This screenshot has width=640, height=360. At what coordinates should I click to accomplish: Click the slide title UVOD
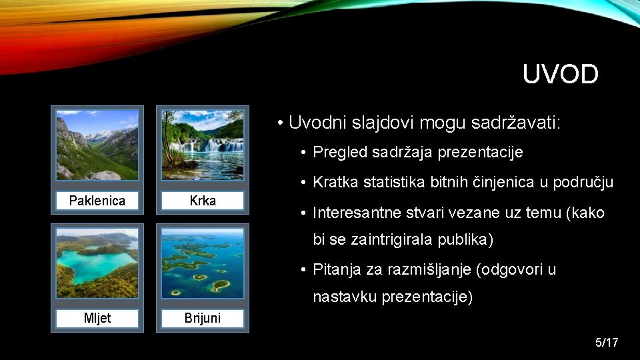[x=560, y=75]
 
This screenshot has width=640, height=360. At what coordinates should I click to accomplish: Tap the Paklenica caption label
[x=97, y=201]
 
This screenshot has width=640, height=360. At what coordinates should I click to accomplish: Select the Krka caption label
[x=203, y=201]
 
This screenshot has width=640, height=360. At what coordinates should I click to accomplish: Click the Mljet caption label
[x=97, y=318]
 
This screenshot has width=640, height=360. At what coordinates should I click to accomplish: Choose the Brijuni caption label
[x=203, y=318]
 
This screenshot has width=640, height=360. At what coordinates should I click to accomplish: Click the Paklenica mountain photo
[x=97, y=145]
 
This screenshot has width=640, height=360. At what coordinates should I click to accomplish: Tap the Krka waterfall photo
[x=203, y=145]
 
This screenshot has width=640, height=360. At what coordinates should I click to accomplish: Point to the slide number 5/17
[x=607, y=343]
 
